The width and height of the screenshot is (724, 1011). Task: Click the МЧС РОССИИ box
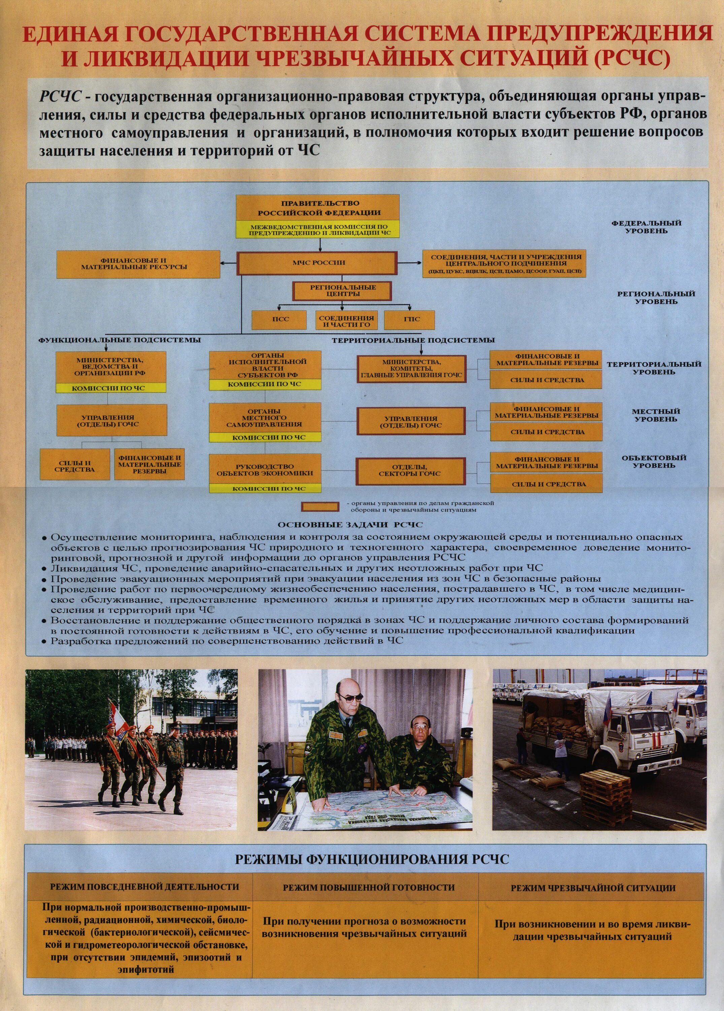(x=317, y=263)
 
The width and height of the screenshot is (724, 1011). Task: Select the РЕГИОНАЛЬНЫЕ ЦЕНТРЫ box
(x=342, y=290)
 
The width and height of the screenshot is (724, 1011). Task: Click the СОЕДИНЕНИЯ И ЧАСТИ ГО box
(x=346, y=321)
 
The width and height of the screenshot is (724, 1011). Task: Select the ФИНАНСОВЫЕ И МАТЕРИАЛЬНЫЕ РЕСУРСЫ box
(x=138, y=264)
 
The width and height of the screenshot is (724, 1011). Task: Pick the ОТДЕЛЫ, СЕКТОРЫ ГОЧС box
(x=409, y=471)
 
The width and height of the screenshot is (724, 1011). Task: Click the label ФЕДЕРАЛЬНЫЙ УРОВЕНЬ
(x=653, y=227)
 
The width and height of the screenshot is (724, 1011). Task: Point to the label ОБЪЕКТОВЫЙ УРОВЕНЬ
(x=654, y=461)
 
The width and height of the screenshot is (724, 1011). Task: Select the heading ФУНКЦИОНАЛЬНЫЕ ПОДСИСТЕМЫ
(x=120, y=340)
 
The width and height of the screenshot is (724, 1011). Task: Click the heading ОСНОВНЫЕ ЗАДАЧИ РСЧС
(x=350, y=525)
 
